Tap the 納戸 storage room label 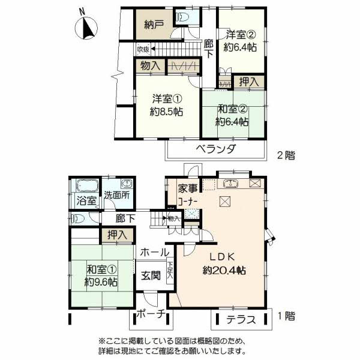click(154, 25)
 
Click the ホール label click(154, 254)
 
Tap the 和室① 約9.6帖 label click(100, 275)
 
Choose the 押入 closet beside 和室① click(116, 235)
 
